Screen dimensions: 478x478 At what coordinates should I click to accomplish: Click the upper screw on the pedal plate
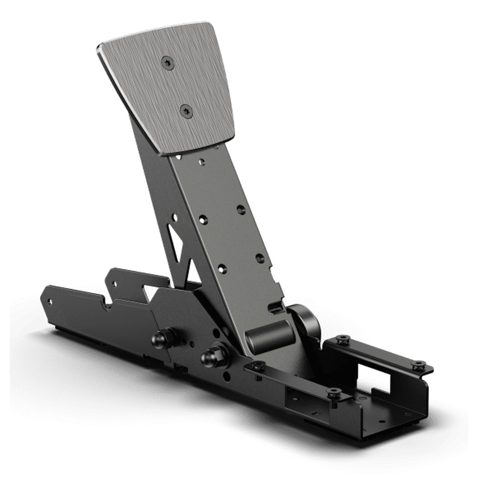pyautogui.click(x=167, y=64)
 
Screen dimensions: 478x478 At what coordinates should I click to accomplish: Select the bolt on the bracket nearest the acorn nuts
pyautogui.click(x=258, y=367)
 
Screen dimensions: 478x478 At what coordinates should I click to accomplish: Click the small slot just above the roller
pyautogui.click(x=276, y=306)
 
